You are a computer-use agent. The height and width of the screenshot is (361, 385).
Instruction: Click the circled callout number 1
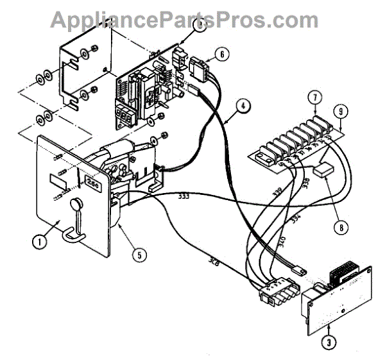click(40, 242)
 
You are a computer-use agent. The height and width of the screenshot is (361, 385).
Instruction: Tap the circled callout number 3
click(329, 342)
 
